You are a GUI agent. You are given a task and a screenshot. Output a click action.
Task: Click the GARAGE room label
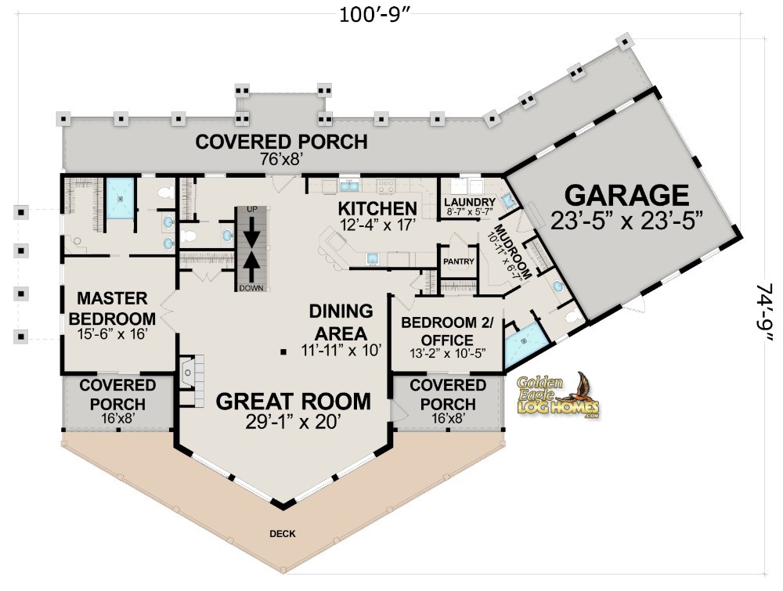coord(626,195)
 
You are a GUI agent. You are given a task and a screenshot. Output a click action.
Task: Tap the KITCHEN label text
coord(377,208)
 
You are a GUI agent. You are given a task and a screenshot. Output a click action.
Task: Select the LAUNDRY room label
coord(469,202)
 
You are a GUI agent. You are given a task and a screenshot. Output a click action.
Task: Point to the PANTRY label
coord(458,261)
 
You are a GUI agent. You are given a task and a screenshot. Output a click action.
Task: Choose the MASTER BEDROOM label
coord(112,308)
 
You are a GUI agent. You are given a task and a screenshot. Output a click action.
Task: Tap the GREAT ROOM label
coord(294,402)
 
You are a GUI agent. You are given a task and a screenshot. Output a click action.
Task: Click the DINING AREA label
coord(341,322)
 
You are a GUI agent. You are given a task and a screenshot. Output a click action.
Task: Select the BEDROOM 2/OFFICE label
coord(447,331)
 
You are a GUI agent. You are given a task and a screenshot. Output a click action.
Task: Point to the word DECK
coord(283,534)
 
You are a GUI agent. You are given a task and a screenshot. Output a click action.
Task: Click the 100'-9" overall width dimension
coord(374,15)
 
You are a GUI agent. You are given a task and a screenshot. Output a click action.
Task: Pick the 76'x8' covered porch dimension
coord(282,159)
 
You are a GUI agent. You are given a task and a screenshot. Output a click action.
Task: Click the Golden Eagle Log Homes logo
coord(557,396)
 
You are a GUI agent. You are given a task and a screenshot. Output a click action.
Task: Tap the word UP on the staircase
coord(252,210)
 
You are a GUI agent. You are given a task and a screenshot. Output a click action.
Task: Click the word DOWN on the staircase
coord(251,288)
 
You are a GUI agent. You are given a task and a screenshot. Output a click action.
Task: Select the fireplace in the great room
coord(192,381)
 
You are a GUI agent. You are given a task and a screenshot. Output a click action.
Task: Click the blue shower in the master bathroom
coord(120,198)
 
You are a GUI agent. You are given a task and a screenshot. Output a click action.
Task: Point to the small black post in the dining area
coord(283,352)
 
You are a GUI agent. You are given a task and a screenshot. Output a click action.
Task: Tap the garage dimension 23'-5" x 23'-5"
coord(627,220)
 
